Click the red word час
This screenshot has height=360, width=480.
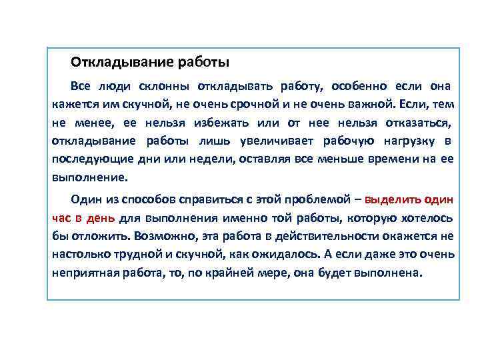tap(62, 218)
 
